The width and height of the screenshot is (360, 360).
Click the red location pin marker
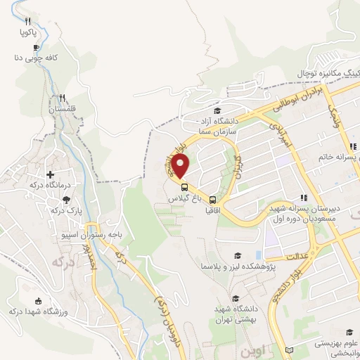181,167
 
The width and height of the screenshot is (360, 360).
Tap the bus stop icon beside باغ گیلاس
184,187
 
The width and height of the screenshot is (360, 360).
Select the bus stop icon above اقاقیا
213,200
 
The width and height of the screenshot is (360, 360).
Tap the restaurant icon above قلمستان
63,98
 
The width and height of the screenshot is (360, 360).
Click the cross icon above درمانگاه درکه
50,174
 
